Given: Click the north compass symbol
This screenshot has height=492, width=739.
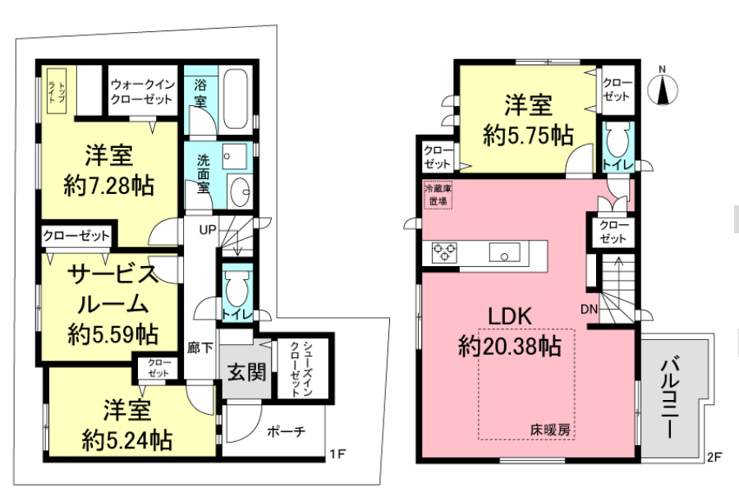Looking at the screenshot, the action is (x=663, y=89).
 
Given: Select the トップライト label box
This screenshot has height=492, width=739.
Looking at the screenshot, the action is (x=56, y=91).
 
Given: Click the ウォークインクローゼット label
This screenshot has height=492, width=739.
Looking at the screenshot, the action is (x=142, y=91).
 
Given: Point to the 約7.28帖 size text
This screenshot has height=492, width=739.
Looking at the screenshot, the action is (x=109, y=186).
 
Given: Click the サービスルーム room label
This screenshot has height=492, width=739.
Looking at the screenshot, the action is (x=112, y=289).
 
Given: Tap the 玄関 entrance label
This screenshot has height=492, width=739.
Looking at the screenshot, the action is (x=246, y=372).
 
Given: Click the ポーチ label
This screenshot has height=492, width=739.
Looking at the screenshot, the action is (x=286, y=431).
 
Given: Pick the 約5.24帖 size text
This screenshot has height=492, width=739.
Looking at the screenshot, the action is (x=127, y=440).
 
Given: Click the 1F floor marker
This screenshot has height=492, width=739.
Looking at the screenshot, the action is (x=337, y=454).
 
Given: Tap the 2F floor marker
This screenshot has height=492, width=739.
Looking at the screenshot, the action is (x=714, y=458).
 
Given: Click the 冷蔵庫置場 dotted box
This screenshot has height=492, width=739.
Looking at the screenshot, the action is (x=438, y=195).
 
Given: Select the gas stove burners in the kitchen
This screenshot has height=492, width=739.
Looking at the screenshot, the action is (x=444, y=251).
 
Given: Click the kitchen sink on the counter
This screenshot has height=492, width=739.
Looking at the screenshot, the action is (x=504, y=252).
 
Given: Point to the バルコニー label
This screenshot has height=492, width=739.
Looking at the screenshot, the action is (x=669, y=398).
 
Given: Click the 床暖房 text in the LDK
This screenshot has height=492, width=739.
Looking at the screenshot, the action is (x=550, y=430).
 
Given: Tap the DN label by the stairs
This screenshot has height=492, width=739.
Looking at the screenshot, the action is (x=589, y=309).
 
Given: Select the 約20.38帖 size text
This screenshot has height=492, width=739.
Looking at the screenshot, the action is (x=510, y=347).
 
